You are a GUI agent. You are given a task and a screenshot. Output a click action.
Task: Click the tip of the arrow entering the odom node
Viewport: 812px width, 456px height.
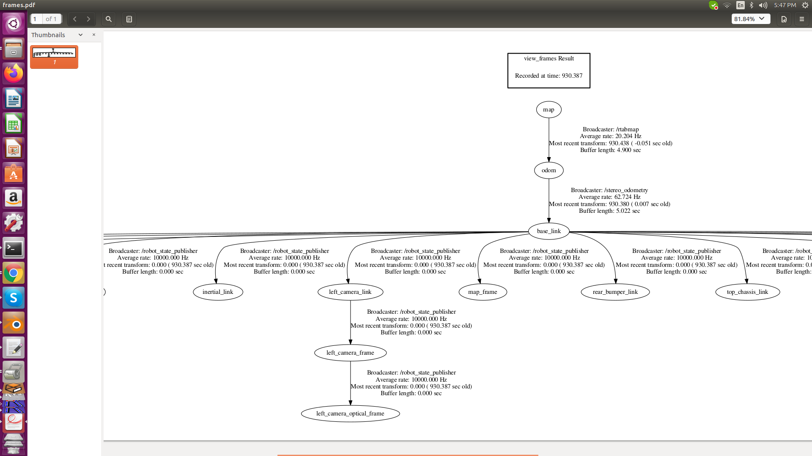click(549, 162)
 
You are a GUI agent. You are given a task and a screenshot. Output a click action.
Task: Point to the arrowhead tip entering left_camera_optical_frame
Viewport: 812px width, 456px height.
click(350, 405)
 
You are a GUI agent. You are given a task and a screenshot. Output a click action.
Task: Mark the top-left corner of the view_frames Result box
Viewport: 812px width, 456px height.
click(508, 53)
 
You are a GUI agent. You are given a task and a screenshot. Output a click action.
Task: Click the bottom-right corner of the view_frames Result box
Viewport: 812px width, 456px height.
click(590, 88)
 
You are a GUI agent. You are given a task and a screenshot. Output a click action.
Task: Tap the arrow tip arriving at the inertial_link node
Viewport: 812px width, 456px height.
click(216, 284)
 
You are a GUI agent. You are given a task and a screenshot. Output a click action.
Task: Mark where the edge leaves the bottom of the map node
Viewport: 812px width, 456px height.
click(549, 118)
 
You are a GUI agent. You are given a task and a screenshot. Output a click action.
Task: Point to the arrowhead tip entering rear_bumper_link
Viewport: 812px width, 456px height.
click(616, 284)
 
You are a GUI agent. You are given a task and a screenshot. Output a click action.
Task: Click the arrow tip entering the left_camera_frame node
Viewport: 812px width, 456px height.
click(350, 345)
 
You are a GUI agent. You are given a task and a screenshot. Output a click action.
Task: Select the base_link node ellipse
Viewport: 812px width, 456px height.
click(549, 231)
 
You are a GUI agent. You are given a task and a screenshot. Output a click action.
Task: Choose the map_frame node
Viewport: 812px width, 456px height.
click(483, 292)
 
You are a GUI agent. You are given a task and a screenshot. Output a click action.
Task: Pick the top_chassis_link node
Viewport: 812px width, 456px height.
click(747, 292)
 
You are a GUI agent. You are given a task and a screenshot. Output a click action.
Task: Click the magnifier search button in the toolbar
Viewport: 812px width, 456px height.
click(109, 19)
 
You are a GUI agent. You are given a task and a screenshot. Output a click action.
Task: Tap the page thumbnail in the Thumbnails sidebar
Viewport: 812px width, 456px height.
click(54, 57)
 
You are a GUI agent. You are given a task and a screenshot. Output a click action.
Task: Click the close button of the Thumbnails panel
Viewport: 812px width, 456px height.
click(94, 35)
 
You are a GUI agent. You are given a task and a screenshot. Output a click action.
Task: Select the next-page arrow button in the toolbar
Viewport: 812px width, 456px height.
click(88, 19)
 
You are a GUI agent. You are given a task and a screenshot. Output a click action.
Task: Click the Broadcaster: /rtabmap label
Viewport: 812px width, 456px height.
click(610, 129)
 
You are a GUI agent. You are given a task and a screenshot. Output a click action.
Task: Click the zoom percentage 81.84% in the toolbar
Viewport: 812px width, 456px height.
click(744, 19)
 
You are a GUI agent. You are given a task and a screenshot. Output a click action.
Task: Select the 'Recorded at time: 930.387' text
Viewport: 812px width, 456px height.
click(549, 76)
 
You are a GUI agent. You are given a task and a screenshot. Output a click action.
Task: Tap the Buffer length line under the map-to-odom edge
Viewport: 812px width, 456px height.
click(610, 150)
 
